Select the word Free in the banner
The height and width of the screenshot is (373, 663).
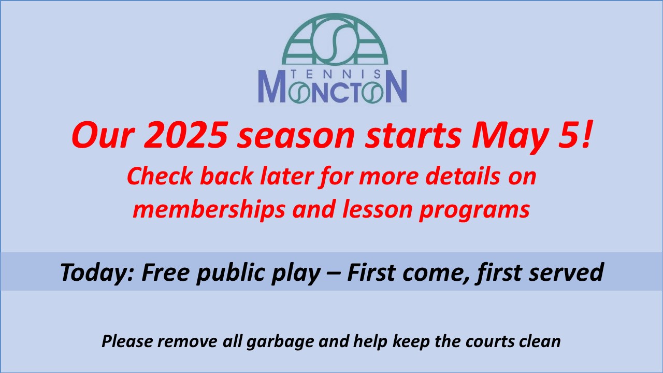(x=165, y=272)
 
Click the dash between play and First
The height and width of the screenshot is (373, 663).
(x=334, y=274)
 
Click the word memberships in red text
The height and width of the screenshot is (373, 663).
(x=209, y=210)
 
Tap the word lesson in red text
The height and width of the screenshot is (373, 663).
(x=378, y=209)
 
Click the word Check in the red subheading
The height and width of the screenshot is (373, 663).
(x=160, y=176)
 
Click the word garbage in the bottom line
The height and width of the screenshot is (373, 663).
(x=280, y=342)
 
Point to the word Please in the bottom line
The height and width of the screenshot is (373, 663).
(x=127, y=341)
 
